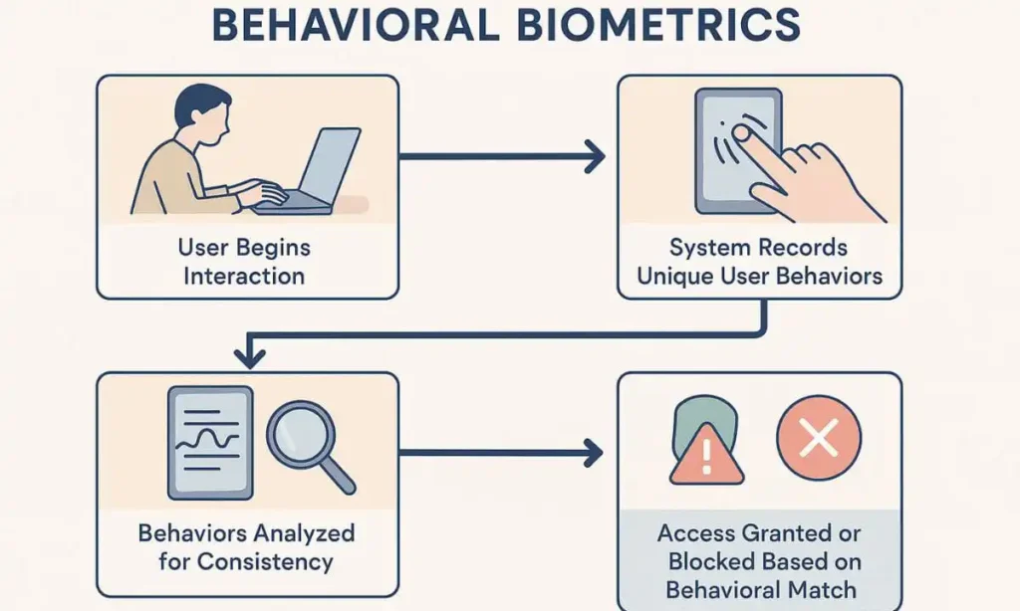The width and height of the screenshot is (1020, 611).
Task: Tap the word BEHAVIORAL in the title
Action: coord(354,25)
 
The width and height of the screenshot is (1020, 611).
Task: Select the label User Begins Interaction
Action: coord(245,260)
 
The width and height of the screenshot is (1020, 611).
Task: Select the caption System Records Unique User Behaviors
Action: coord(760,261)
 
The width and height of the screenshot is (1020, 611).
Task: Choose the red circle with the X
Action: coord(819,438)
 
